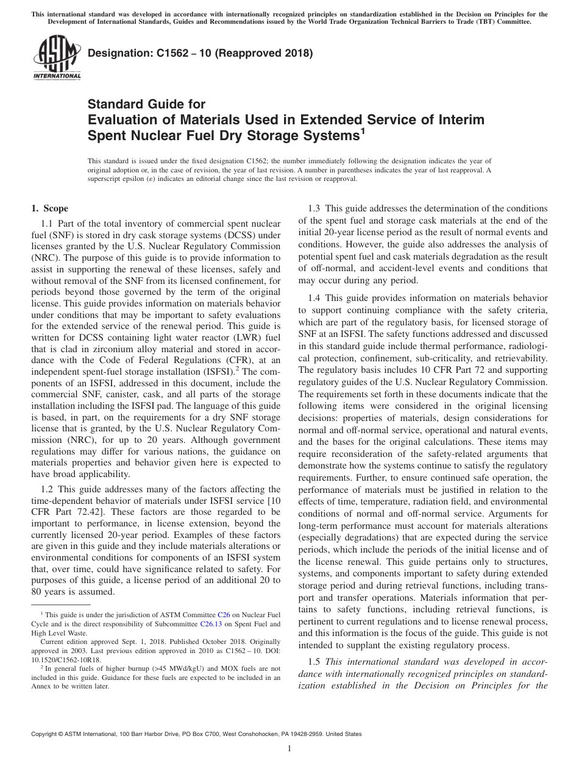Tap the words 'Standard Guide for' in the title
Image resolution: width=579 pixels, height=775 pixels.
click(x=146, y=104)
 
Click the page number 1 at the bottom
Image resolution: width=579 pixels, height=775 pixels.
click(x=289, y=749)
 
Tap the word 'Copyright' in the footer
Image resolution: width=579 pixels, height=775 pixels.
click(x=45, y=735)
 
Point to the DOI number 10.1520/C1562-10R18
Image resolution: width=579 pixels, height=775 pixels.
click(x=66, y=660)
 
